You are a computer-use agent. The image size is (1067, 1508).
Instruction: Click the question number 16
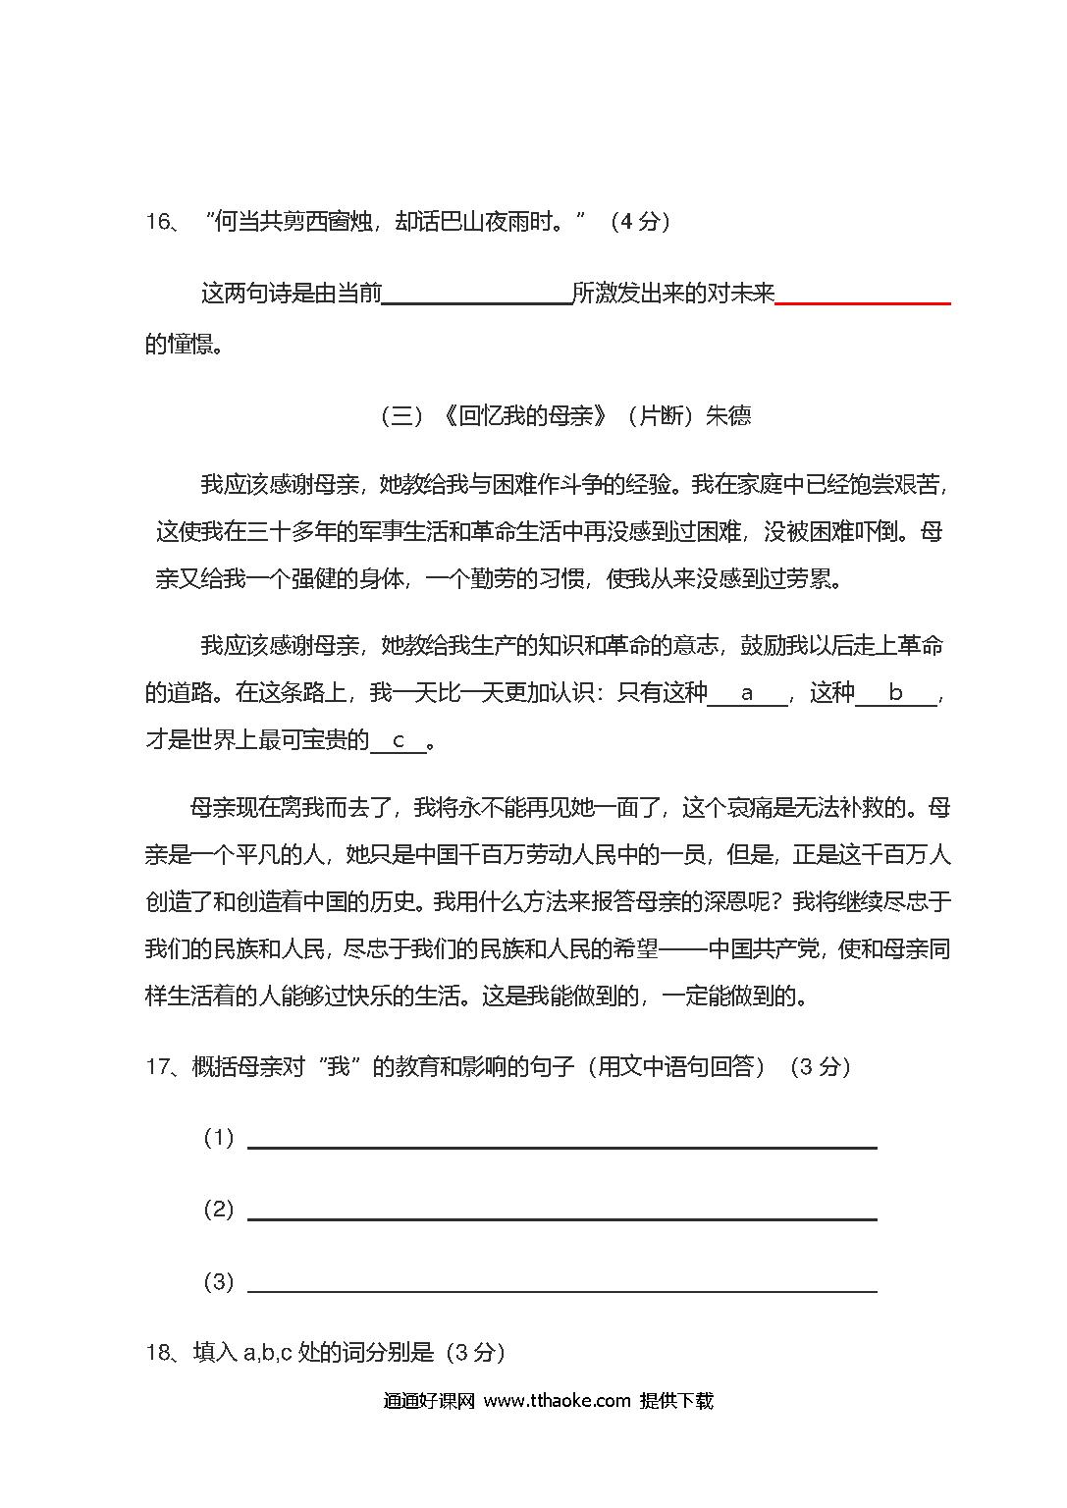(x=159, y=222)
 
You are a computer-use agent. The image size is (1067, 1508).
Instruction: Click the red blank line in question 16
(x=862, y=302)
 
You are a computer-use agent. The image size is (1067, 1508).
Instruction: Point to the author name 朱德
(x=728, y=416)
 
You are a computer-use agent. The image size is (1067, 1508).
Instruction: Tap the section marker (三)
(x=400, y=416)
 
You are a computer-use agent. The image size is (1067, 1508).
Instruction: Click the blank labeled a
(x=747, y=694)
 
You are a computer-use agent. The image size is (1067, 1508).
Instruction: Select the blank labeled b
(x=895, y=694)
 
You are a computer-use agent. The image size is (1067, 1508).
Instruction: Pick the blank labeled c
(x=399, y=741)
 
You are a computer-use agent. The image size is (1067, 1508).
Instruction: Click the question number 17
(x=159, y=1066)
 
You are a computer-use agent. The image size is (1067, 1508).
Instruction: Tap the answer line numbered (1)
(x=561, y=1145)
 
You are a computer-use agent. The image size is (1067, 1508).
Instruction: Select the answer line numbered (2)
(x=561, y=1217)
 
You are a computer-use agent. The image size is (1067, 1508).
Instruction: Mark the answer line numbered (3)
(x=561, y=1290)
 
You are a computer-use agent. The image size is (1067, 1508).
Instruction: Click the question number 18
(x=159, y=1353)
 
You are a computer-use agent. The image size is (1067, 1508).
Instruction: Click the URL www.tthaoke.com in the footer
(x=557, y=1401)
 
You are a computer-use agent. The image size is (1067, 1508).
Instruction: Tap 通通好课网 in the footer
(x=429, y=1401)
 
